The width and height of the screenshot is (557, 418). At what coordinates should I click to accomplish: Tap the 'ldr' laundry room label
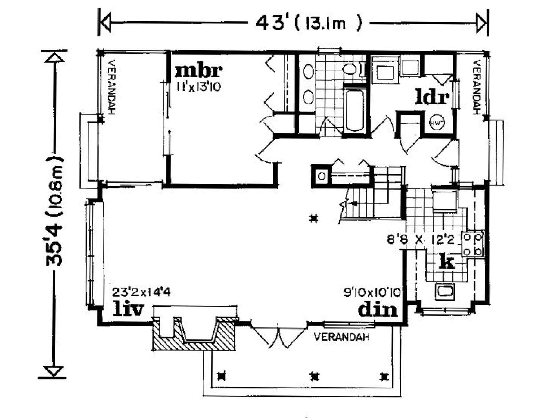(x=432, y=98)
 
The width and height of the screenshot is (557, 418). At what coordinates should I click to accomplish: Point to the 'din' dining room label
(x=378, y=309)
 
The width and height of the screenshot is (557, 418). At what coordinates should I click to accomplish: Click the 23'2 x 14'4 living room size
(x=141, y=293)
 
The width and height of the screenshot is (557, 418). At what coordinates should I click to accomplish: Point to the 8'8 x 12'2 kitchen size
(x=421, y=240)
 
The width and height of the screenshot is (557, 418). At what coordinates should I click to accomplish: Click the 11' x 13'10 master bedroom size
(x=199, y=87)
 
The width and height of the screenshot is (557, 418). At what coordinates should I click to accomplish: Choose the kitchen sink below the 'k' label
(x=445, y=292)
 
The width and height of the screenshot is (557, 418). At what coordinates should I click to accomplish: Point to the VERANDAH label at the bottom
(x=341, y=337)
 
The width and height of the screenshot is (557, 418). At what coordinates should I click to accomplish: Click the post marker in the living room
(x=314, y=218)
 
